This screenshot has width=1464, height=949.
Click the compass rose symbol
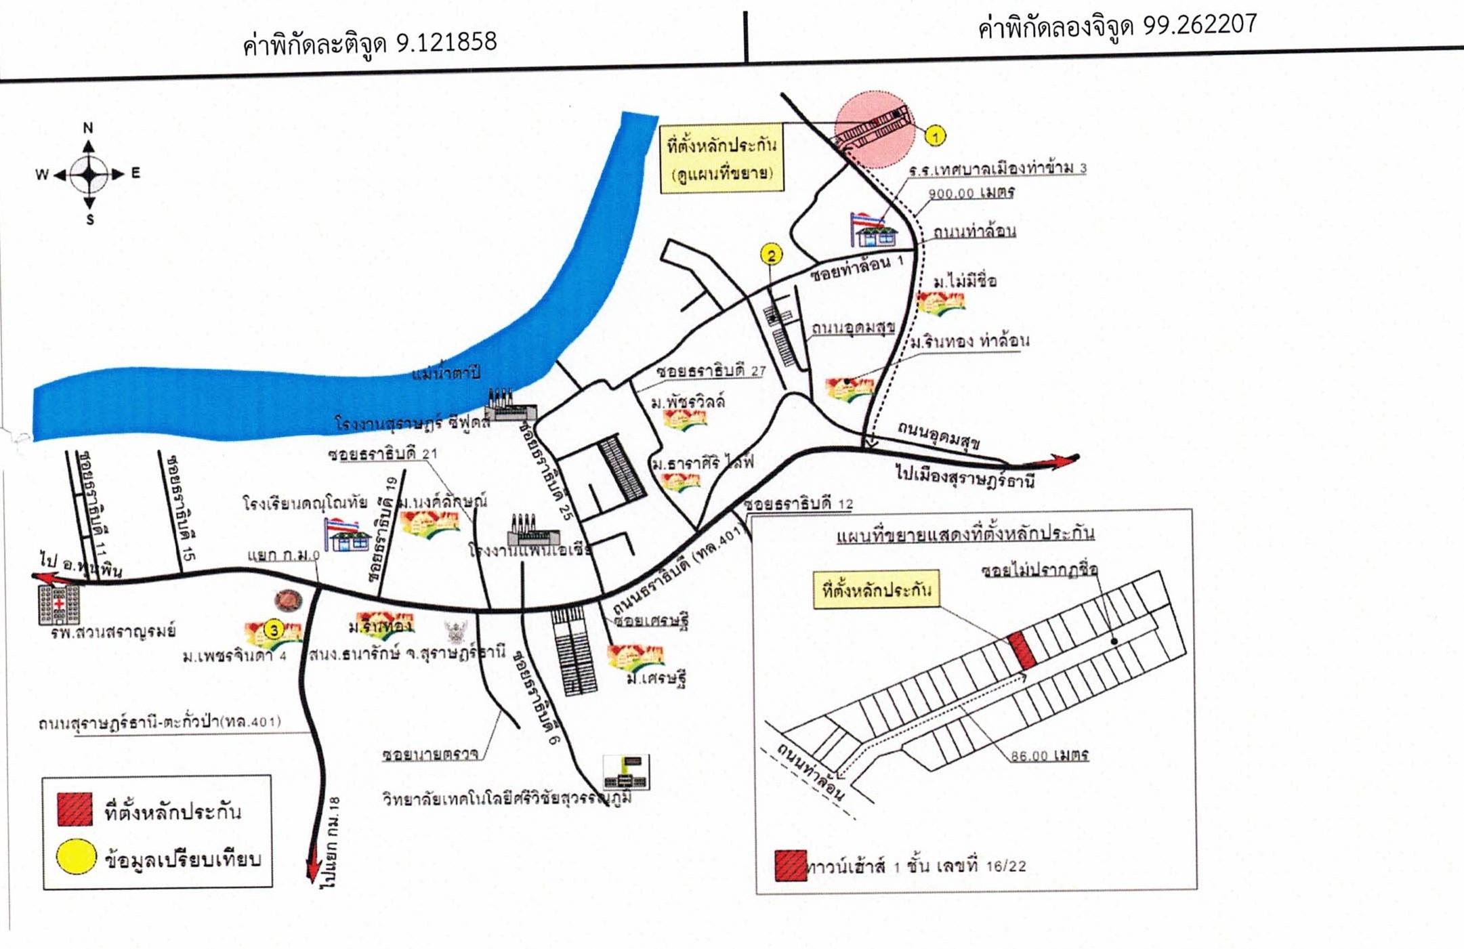(89, 174)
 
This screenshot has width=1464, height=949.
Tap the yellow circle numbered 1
(935, 136)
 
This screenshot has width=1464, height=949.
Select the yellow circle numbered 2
(771, 255)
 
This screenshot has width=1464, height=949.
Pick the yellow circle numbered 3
(273, 630)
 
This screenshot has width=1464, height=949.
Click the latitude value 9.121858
(446, 42)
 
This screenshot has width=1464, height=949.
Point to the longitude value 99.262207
(1199, 25)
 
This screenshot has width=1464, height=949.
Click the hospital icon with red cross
(59, 604)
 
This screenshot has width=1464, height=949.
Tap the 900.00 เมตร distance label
(971, 193)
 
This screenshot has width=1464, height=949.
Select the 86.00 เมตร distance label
(1049, 755)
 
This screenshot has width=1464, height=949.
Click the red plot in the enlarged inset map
(1022, 650)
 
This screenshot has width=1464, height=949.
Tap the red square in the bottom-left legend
(75, 809)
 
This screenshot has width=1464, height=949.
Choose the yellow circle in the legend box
(75, 856)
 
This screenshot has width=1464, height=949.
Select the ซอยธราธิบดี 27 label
(711, 371)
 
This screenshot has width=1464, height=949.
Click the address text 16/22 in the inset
(1005, 866)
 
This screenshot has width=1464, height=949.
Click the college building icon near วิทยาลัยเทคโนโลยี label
(626, 772)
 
